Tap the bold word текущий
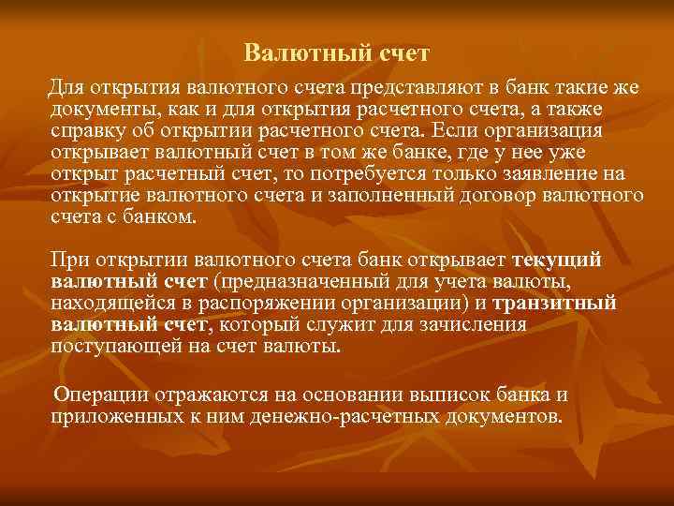(557, 260)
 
